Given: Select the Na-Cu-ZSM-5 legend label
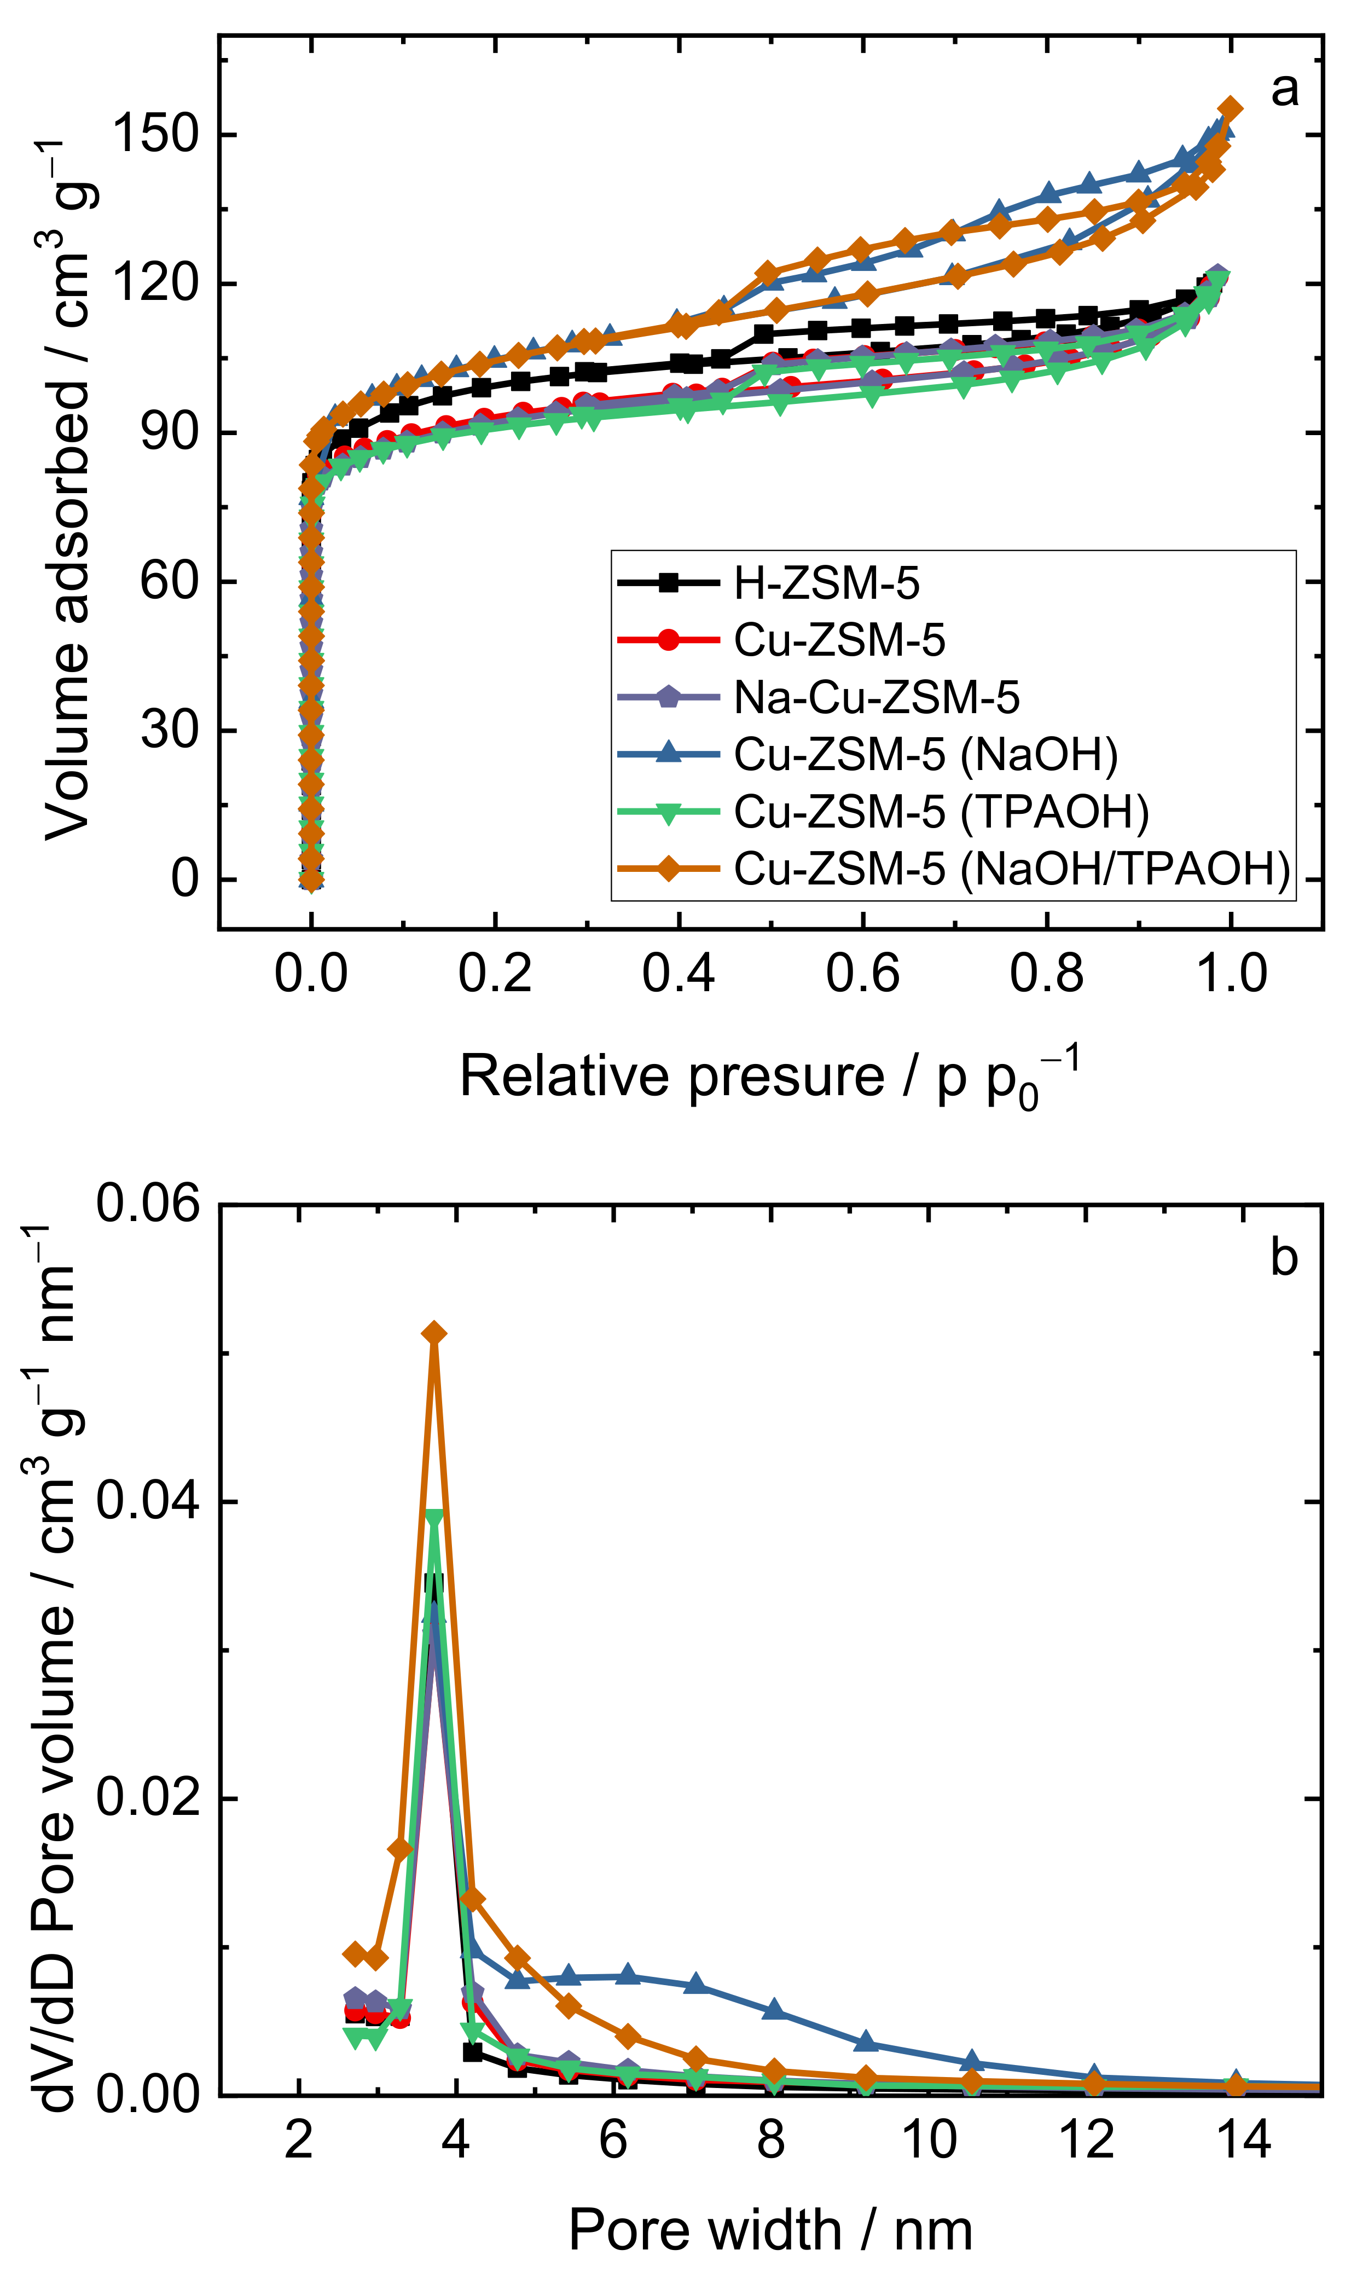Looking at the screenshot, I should [876, 697].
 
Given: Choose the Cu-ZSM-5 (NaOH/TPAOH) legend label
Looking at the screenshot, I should [1011, 868].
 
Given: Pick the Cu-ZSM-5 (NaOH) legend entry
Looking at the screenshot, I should [925, 754].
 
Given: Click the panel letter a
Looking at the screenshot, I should [1284, 90].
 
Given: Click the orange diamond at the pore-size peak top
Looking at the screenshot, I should [434, 1334].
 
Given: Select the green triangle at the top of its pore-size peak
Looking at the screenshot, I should [434, 1518].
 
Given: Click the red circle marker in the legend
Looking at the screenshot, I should [669, 639].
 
